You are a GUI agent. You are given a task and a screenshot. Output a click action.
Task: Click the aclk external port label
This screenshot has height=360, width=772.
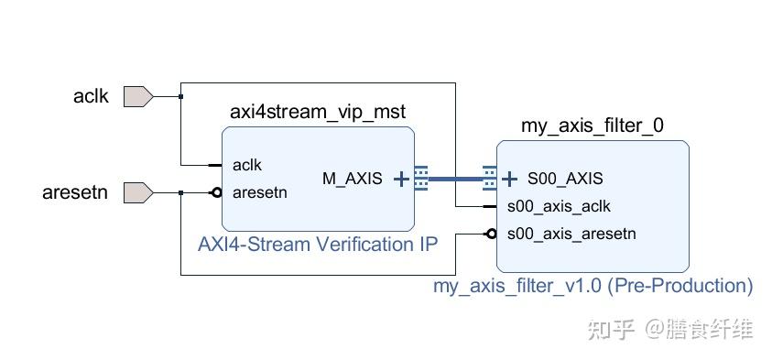pyautogui.click(x=91, y=96)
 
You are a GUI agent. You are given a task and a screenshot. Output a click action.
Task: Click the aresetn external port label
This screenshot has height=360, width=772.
pyautogui.click(x=75, y=192)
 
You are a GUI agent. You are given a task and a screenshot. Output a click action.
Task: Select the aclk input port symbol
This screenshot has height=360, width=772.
pyautogui.click(x=136, y=96)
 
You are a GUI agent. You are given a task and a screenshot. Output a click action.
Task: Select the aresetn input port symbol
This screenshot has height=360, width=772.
pyautogui.click(x=136, y=192)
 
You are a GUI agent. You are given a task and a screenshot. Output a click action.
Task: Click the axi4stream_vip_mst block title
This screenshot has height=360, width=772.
pyautogui.click(x=318, y=113)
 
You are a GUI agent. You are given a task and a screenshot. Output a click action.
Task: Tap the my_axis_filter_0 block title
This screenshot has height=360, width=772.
pyautogui.click(x=592, y=126)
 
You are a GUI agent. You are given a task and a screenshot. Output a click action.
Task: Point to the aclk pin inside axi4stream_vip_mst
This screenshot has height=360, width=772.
pyautogui.click(x=247, y=165)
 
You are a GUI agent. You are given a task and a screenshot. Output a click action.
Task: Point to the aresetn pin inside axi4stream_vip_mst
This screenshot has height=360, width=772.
pyautogui.click(x=260, y=192)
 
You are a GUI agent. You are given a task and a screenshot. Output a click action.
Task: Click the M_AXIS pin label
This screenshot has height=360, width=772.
pyautogui.click(x=353, y=179)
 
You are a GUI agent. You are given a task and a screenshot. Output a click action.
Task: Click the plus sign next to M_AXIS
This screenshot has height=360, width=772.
pyautogui.click(x=400, y=179)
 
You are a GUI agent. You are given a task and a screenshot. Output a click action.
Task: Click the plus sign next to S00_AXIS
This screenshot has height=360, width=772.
pyautogui.click(x=510, y=179)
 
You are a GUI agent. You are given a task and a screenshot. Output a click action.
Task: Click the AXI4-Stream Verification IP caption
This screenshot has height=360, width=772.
pyautogui.click(x=318, y=245)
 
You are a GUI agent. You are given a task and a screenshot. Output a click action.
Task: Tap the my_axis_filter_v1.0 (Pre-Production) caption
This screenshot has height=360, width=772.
pyautogui.click(x=593, y=286)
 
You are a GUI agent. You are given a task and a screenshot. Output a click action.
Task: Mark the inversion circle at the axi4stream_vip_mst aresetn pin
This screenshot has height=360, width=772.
pyautogui.click(x=216, y=192)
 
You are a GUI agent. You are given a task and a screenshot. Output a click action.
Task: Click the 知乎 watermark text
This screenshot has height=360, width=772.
pyautogui.click(x=611, y=329)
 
